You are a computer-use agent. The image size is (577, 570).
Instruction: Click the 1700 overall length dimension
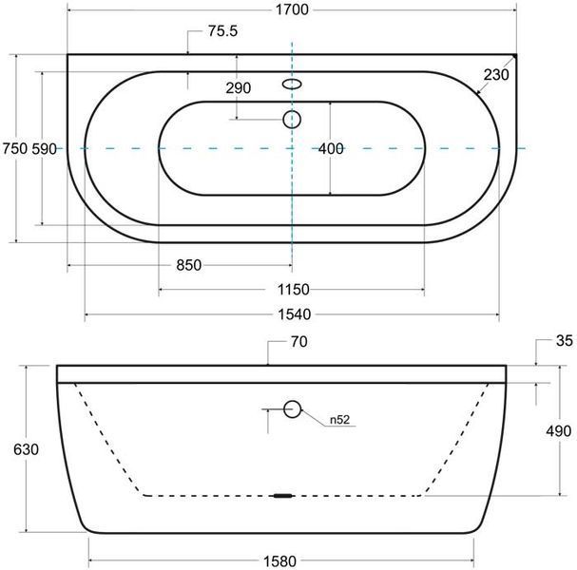(292, 9)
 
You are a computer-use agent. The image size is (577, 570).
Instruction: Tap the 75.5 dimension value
(223, 31)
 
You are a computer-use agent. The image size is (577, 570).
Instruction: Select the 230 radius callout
(496, 75)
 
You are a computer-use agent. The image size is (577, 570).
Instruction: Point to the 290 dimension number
(238, 88)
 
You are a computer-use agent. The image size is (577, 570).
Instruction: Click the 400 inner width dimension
(331, 149)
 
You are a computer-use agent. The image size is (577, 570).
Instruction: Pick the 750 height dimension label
(15, 149)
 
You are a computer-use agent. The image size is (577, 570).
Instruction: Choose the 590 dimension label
(44, 149)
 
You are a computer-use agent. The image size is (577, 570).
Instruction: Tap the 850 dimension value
(189, 265)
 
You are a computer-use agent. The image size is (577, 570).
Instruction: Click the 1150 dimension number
(294, 290)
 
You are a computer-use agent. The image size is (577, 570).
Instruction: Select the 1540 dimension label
(294, 314)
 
